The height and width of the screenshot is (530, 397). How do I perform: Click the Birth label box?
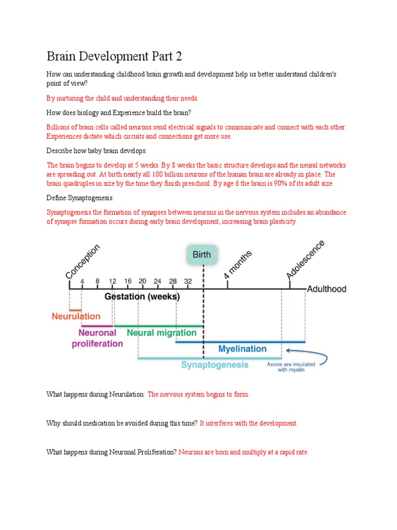point(202,255)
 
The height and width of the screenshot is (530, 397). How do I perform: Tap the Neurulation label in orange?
point(77,316)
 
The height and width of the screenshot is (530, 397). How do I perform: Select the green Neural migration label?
point(161,333)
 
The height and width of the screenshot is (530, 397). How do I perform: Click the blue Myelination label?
point(242,349)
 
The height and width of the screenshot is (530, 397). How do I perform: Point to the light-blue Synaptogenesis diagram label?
point(215,365)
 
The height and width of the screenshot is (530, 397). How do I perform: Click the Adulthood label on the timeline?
point(327,289)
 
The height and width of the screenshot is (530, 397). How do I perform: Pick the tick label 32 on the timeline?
point(188,281)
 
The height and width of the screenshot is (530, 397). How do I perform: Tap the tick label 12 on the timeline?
point(113,281)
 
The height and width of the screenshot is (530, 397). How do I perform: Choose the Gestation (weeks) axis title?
point(142,297)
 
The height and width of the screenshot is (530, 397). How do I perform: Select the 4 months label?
point(238,264)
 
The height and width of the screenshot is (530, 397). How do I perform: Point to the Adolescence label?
point(306,260)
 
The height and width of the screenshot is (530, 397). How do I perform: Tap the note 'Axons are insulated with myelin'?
point(291,367)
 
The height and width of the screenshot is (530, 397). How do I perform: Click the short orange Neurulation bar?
point(75,310)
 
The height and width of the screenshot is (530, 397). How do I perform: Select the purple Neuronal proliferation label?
point(100,338)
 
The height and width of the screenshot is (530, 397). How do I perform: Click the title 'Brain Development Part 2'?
point(114,56)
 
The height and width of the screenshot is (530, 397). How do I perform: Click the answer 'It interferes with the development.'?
point(249,423)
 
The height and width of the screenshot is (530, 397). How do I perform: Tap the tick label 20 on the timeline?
point(143,281)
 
